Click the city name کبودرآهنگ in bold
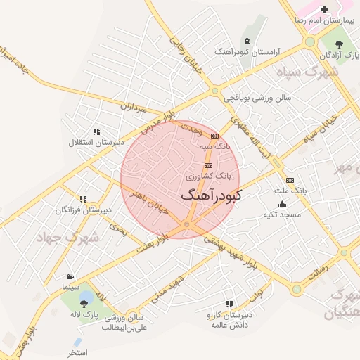pos(210,195)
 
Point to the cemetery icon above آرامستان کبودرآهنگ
pos(247,41)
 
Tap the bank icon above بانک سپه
pos(214,136)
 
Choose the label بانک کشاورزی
pos(212,174)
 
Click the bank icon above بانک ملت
pos(290,180)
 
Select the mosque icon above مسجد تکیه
pos(282,204)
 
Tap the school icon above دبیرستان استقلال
pos(96,131)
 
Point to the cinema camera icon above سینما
pos(70,276)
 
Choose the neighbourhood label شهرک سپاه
pos(307,72)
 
